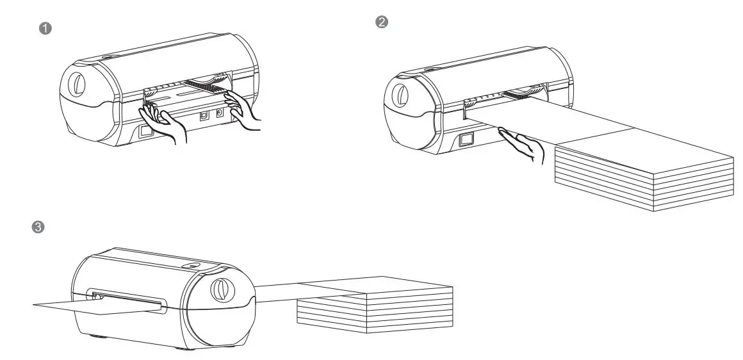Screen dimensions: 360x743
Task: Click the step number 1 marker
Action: (x=45, y=28)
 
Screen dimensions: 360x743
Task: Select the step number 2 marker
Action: (x=381, y=22)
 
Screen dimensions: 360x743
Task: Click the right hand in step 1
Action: (x=245, y=108)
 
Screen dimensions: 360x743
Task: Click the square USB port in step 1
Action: (x=204, y=117)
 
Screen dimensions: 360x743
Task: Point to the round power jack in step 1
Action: (x=220, y=114)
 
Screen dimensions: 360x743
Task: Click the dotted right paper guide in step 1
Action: (x=205, y=84)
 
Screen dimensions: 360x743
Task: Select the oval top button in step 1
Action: (x=106, y=58)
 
